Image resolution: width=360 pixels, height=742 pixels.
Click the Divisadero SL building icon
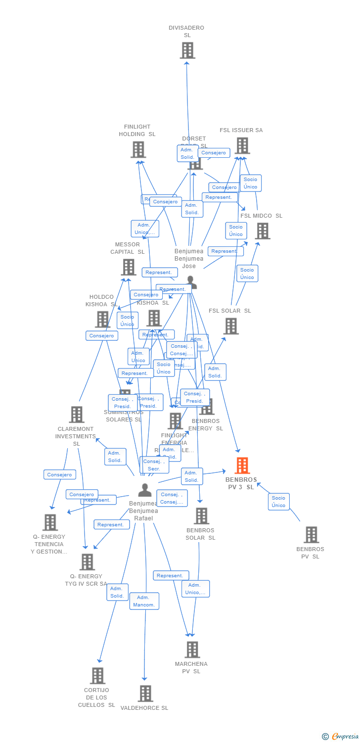(187, 50)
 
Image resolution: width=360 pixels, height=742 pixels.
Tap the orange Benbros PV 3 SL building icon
(242, 465)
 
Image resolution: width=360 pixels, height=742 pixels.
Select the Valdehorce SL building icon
(145, 694)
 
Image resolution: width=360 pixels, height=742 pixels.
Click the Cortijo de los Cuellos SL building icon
(97, 676)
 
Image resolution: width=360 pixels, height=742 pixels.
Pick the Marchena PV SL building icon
(192, 649)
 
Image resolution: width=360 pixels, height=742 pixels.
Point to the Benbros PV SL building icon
(311, 535)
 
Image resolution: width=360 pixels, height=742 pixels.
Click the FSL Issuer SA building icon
(242, 146)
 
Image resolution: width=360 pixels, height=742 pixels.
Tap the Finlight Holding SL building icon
(138, 149)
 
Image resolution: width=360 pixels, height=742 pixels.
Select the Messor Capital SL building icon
(129, 267)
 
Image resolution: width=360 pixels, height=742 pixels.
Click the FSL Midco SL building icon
(262, 231)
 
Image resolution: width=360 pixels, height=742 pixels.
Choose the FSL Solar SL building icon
(231, 326)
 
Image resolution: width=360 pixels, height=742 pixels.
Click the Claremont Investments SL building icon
(77, 415)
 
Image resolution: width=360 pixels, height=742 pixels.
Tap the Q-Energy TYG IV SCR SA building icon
(87, 562)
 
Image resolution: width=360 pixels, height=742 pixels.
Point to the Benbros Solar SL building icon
(201, 516)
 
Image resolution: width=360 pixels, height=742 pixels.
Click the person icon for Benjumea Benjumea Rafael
(145, 490)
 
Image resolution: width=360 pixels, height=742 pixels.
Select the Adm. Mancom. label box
(144, 601)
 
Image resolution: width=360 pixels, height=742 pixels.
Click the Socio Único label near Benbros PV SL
(278, 502)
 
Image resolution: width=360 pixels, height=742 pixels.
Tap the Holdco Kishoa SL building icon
(102, 319)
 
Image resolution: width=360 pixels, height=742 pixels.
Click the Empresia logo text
(345, 737)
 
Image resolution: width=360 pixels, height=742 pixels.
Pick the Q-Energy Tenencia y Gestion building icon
(50, 522)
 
